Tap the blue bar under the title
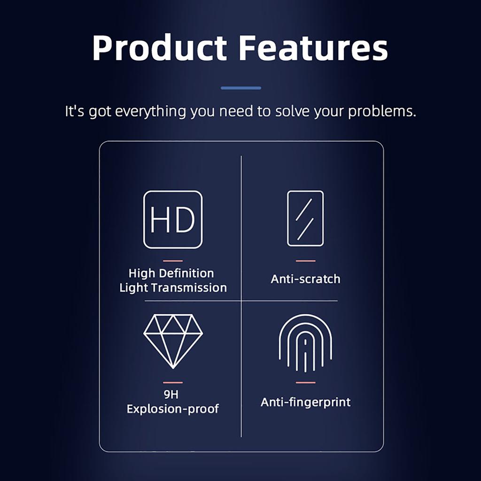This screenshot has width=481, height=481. [241, 88]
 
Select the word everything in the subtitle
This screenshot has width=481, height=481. [150, 111]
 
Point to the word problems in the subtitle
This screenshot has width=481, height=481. [382, 111]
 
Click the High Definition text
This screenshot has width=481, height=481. [171, 273]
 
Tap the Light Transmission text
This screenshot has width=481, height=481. [173, 288]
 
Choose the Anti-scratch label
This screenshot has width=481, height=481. [305, 279]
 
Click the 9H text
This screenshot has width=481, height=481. [171, 394]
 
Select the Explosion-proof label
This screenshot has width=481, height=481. [173, 409]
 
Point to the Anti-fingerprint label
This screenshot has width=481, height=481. [305, 402]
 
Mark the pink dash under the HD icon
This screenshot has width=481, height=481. [173, 261]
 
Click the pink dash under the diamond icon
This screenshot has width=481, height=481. [173, 382]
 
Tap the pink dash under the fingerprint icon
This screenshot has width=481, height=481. [305, 382]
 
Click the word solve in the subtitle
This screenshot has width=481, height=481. [293, 111]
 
